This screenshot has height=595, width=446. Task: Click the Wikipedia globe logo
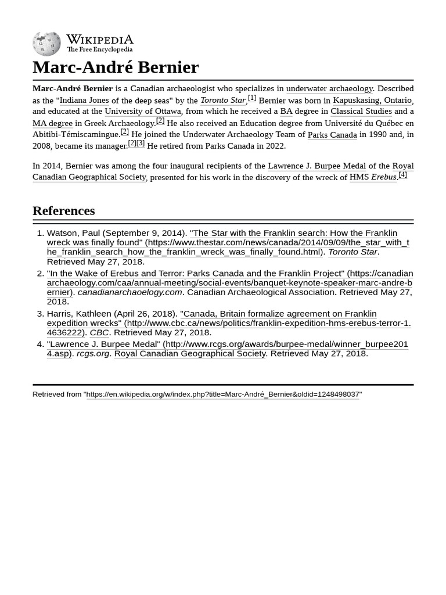(x=46, y=44)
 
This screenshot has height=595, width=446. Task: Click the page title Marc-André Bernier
(x=115, y=67)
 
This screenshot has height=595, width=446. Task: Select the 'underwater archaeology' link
(x=329, y=88)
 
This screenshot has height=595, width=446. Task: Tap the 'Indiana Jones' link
(x=84, y=100)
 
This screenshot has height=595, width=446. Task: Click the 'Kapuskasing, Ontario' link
(x=372, y=100)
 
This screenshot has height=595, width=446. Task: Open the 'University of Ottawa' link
(x=143, y=111)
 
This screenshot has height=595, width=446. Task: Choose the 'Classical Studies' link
(x=361, y=111)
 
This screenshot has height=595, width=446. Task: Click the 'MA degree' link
(x=52, y=123)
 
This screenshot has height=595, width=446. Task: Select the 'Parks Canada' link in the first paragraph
(x=332, y=134)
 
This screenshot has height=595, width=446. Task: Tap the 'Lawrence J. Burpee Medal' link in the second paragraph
(x=316, y=166)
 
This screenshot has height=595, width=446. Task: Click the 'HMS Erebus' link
(x=372, y=177)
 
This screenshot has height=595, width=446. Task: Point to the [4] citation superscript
(x=402, y=174)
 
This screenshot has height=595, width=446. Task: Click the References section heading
(x=63, y=210)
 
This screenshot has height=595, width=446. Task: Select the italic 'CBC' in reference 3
(x=99, y=332)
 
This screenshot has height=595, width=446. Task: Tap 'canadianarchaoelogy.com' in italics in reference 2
(x=130, y=292)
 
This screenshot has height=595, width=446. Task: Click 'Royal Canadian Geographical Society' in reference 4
(x=190, y=353)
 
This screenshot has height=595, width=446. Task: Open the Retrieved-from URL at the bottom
(x=223, y=394)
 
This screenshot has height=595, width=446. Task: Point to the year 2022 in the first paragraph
(x=275, y=145)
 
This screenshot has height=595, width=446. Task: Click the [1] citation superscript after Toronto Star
(x=252, y=98)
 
